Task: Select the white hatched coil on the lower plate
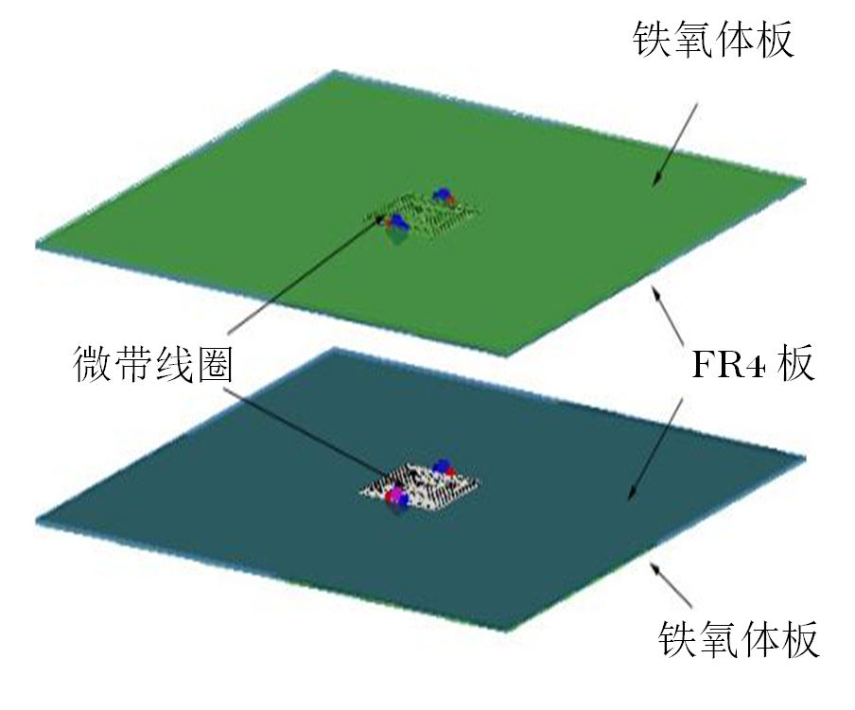421,484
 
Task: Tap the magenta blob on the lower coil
394,496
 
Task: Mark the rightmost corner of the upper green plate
807,181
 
